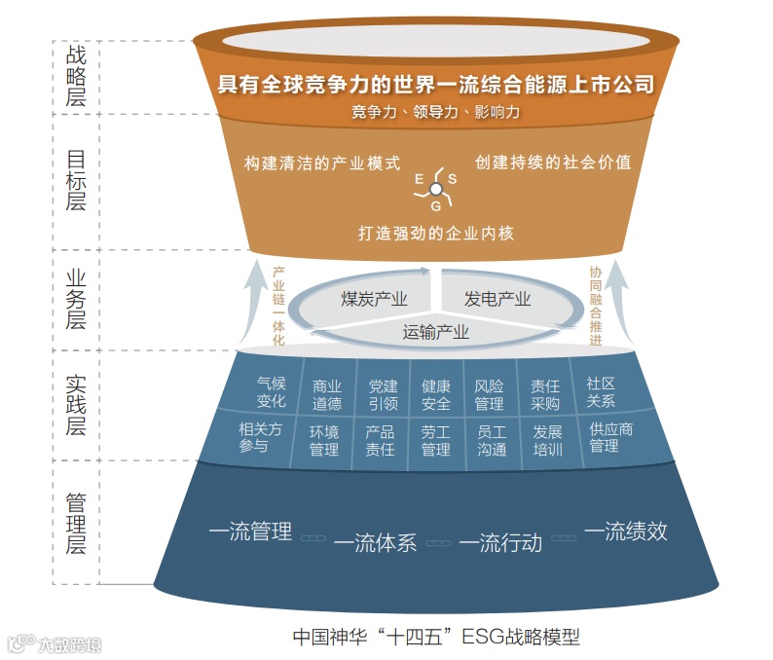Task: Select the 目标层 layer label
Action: tap(76, 180)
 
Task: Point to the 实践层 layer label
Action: tap(76, 403)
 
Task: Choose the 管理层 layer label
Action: tap(76, 522)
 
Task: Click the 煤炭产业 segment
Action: tap(374, 299)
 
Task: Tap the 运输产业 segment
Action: tap(436, 332)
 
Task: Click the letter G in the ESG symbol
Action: tap(436, 205)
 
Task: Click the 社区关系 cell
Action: tap(601, 392)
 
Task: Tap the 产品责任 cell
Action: tap(380, 441)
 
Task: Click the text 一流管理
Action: tap(250, 532)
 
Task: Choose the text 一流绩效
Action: tap(625, 532)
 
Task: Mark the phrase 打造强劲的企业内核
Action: tap(435, 234)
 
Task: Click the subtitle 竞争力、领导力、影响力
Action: tap(435, 112)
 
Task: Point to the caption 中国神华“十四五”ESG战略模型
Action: tap(436, 638)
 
